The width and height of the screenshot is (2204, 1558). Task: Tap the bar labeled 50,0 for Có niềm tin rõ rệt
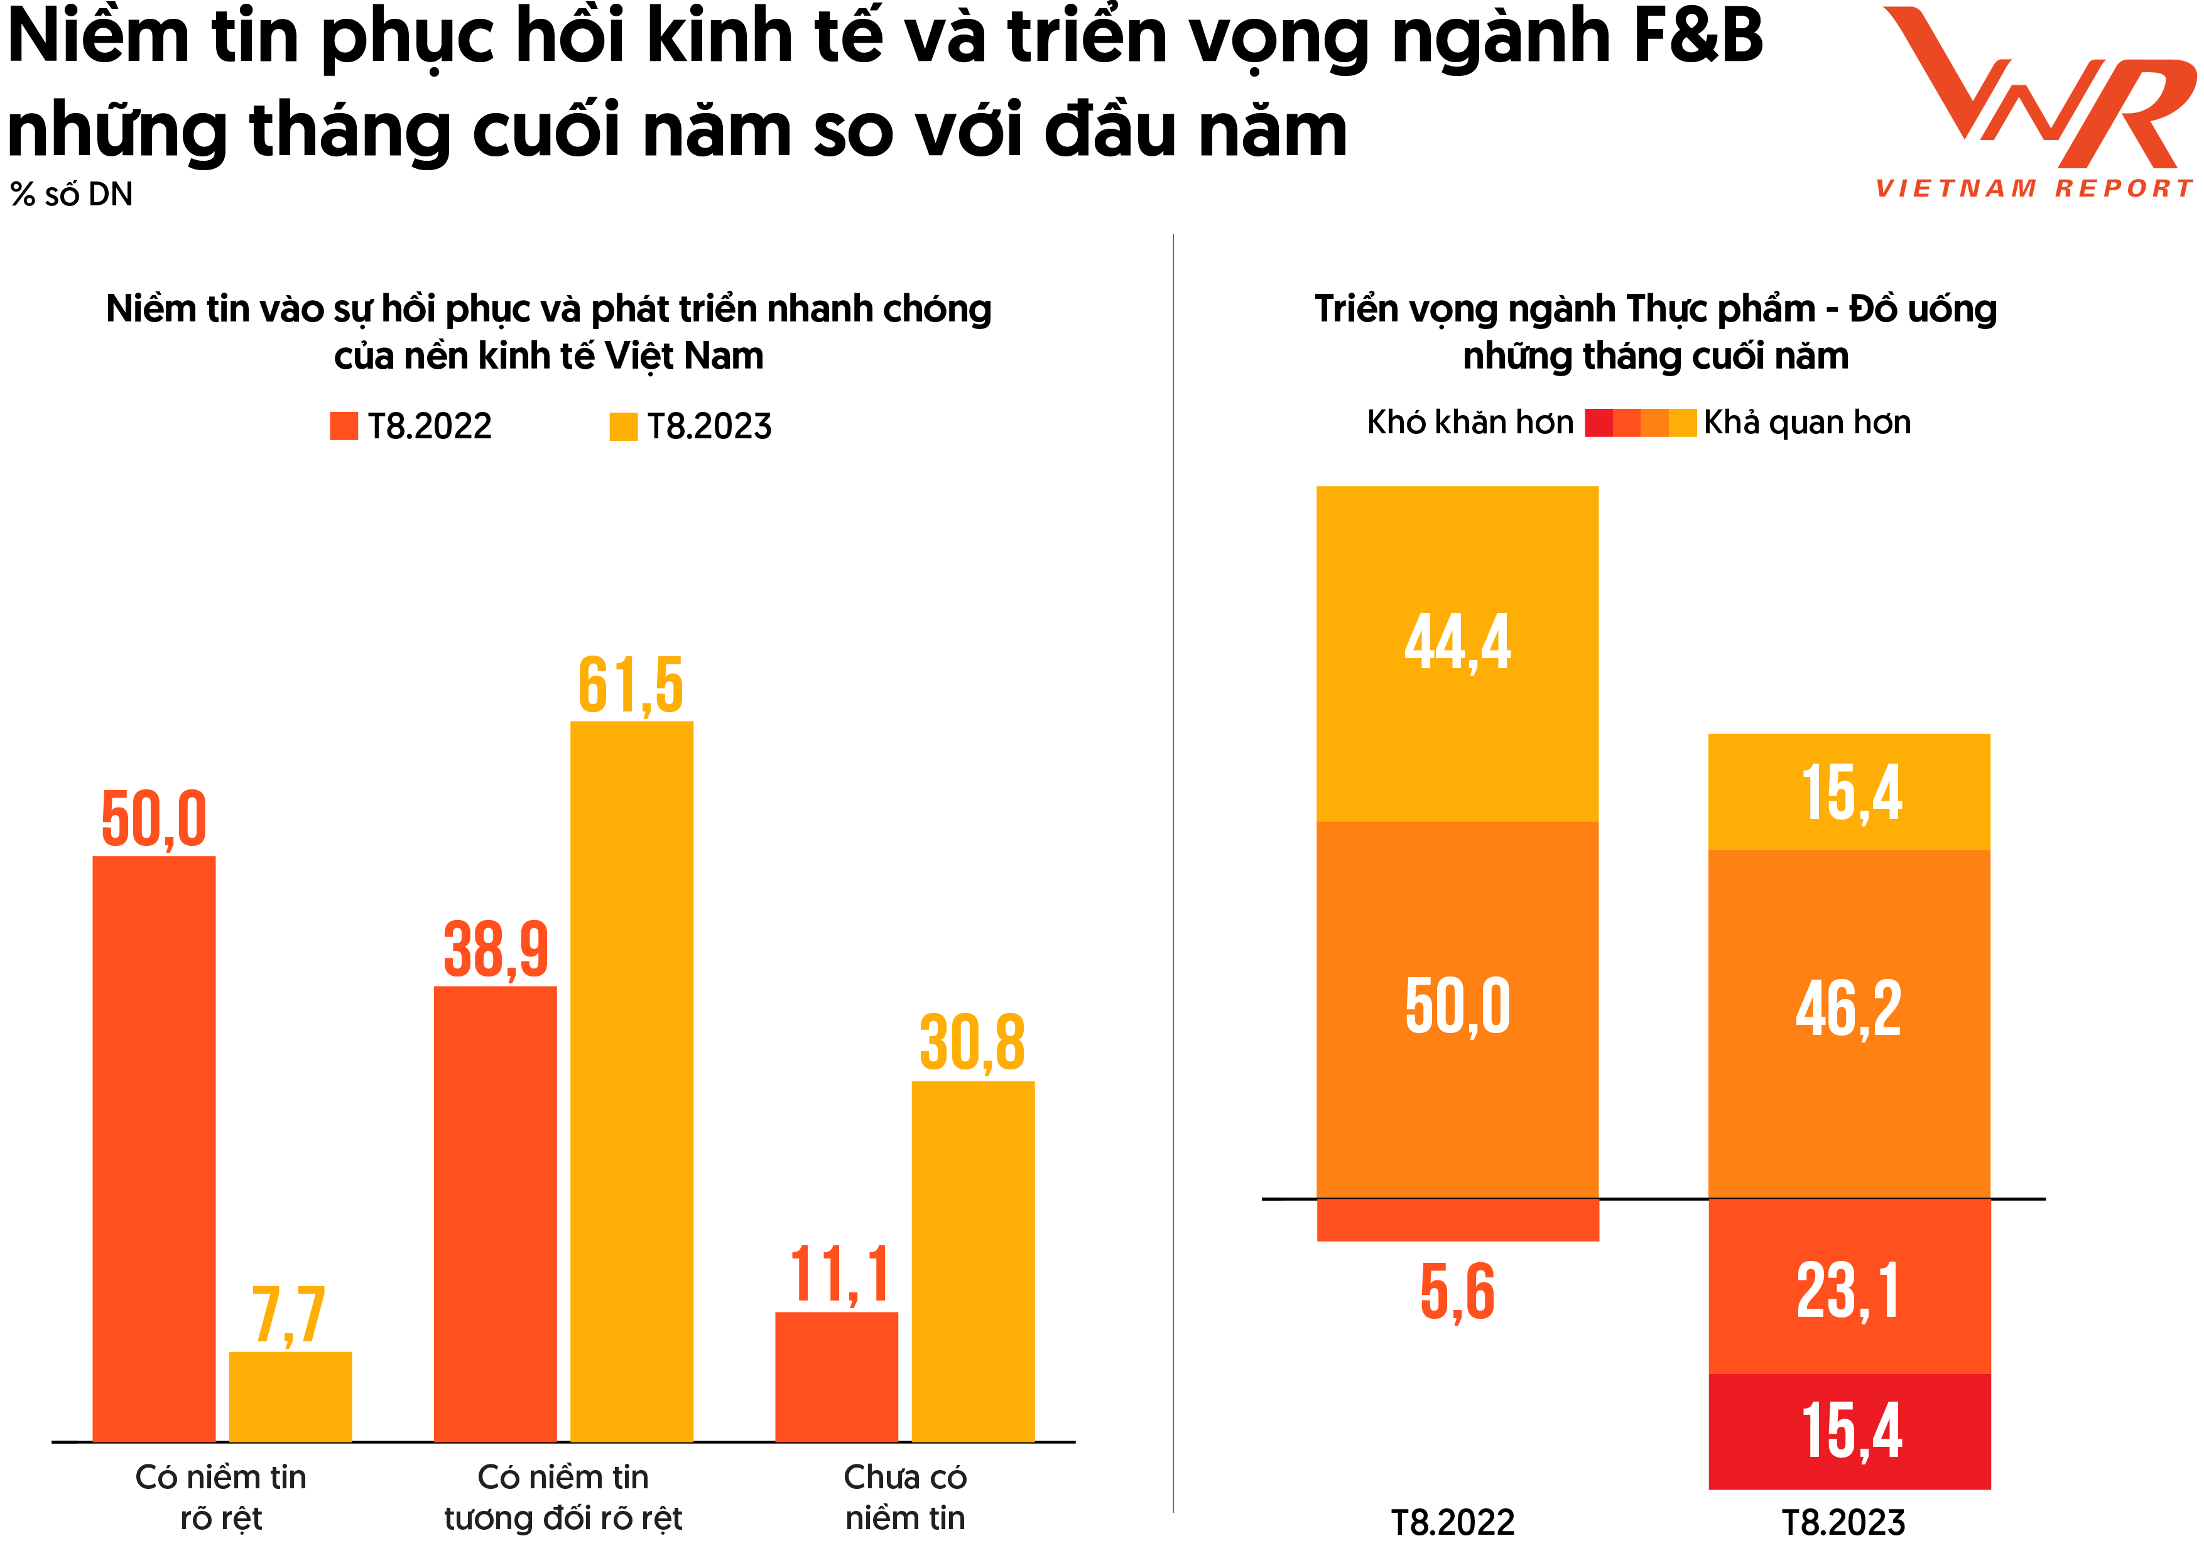click(x=154, y=1147)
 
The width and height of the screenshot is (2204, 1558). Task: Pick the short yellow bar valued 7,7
click(x=290, y=1396)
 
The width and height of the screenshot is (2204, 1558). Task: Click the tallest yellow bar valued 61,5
click(x=632, y=1080)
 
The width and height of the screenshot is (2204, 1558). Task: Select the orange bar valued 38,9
click(x=496, y=1213)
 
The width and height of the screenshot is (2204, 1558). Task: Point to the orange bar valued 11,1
click(x=836, y=1376)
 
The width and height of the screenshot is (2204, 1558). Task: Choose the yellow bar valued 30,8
click(x=972, y=1260)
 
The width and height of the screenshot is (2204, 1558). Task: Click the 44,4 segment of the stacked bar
click(x=1457, y=652)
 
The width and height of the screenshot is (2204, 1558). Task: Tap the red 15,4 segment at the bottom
click(x=1849, y=1431)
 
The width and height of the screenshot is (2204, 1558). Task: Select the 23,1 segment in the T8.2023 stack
click(x=1849, y=1286)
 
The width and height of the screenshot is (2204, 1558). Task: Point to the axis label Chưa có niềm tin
click(x=905, y=1496)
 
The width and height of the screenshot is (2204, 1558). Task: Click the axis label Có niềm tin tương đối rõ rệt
click(x=563, y=1496)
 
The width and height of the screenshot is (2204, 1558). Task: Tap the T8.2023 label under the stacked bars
click(x=1843, y=1522)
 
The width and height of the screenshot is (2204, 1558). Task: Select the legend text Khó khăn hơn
click(x=1470, y=423)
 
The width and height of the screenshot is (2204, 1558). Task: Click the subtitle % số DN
click(x=72, y=195)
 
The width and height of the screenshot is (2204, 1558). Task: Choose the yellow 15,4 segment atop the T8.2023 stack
click(x=1849, y=792)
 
